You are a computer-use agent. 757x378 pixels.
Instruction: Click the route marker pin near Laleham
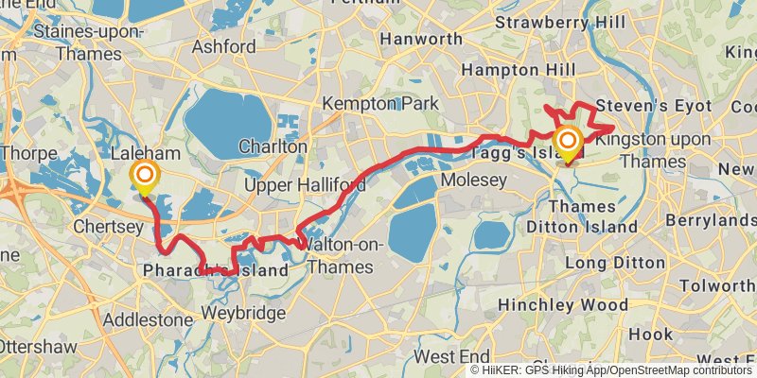click(x=145, y=177)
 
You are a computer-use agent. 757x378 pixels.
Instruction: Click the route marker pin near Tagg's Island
click(x=569, y=145)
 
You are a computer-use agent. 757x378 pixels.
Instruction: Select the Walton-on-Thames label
click(x=335, y=256)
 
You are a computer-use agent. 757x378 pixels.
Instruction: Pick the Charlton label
click(x=273, y=147)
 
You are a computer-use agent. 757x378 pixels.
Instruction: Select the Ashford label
click(x=223, y=46)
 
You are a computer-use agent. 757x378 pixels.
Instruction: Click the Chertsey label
click(x=108, y=228)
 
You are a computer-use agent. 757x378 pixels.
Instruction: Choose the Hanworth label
click(x=421, y=40)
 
